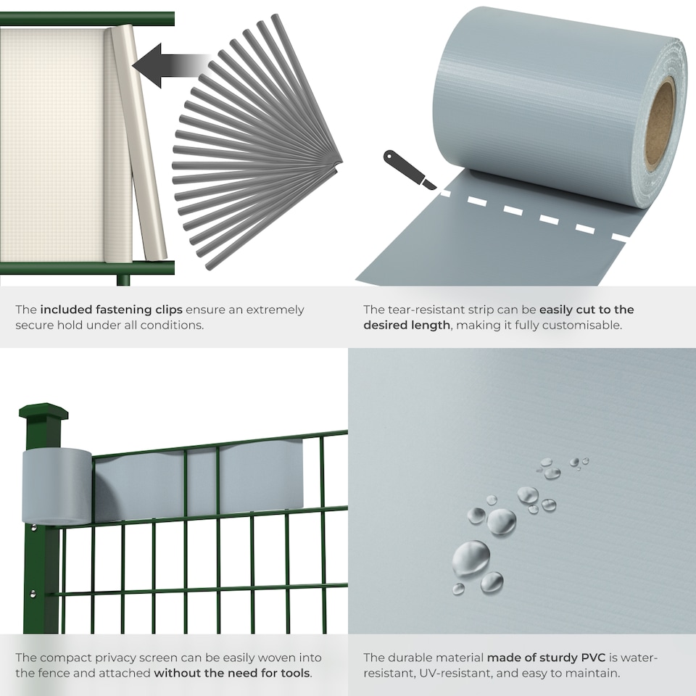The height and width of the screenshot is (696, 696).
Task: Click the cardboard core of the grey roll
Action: tap(659, 124)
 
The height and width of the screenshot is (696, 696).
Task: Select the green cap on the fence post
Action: tap(43, 412)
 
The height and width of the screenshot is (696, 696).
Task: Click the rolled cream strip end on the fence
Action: tap(138, 141)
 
